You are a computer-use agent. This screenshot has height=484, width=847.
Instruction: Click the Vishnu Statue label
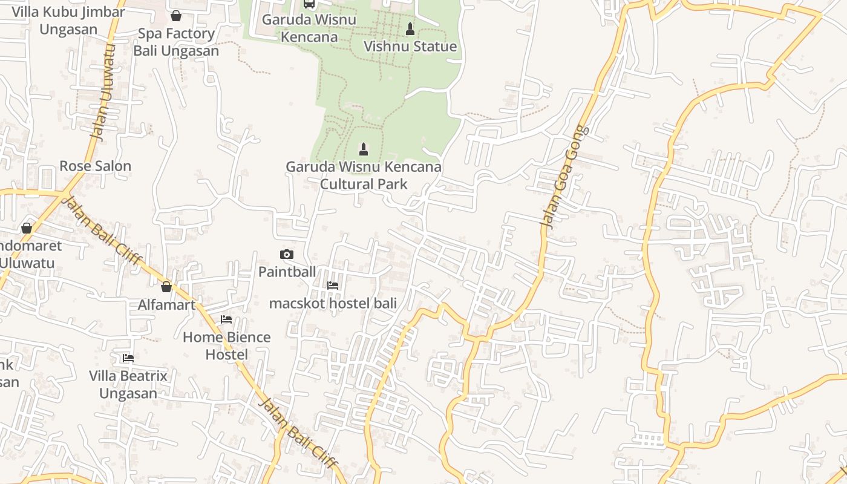pyautogui.click(x=410, y=47)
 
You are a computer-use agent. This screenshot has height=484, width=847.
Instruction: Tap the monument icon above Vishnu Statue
pyautogui.click(x=410, y=28)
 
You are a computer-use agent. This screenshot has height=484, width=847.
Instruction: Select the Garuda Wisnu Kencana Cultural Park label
pyautogui.click(x=363, y=175)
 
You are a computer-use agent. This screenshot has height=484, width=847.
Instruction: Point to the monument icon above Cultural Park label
pyautogui.click(x=364, y=149)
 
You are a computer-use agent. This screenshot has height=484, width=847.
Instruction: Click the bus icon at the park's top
pyautogui.click(x=309, y=4)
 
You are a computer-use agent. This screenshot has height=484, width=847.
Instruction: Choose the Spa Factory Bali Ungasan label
pyautogui.click(x=176, y=42)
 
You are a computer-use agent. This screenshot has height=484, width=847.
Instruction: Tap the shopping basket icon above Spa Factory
pyautogui.click(x=176, y=16)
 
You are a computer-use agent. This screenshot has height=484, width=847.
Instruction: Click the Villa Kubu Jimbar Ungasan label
pyautogui.click(x=68, y=20)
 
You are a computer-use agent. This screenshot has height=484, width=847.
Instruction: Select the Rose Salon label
pyautogui.click(x=95, y=166)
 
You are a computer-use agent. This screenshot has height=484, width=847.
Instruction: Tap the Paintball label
pyautogui.click(x=287, y=272)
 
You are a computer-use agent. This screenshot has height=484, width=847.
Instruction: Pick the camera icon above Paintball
pyautogui.click(x=287, y=255)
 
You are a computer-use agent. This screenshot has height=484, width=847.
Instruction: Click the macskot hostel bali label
pyautogui.click(x=333, y=303)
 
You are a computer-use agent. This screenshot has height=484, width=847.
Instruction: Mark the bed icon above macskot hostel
pyautogui.click(x=333, y=286)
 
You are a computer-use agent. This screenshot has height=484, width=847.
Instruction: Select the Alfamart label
pyautogui.click(x=166, y=304)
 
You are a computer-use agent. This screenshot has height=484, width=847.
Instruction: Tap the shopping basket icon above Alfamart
pyautogui.click(x=166, y=287)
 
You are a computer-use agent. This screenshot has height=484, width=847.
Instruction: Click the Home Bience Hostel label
pyautogui.click(x=226, y=345)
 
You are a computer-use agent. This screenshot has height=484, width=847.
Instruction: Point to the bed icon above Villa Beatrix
pyautogui.click(x=128, y=358)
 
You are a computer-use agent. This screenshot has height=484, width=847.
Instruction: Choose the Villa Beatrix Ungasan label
pyautogui.click(x=128, y=384)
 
